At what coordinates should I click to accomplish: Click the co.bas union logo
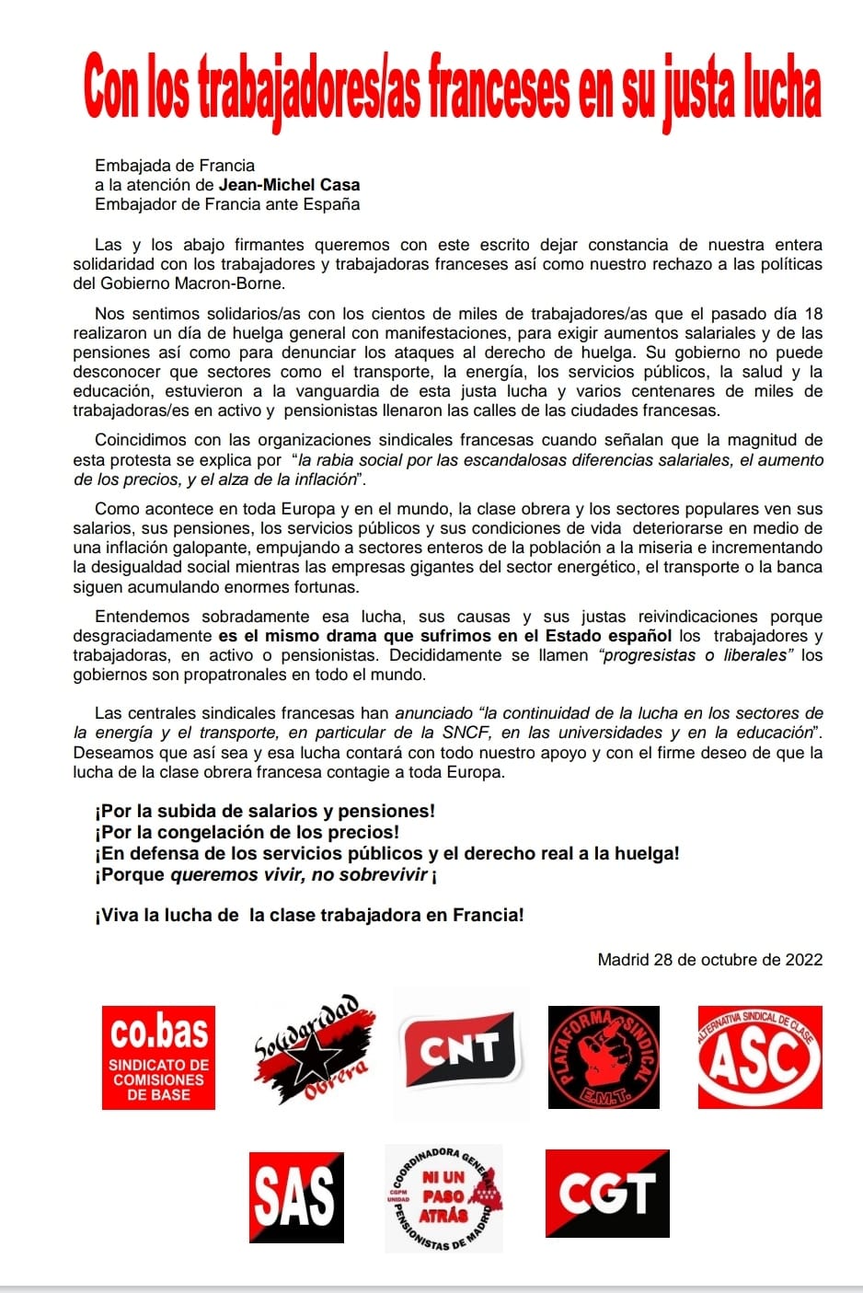(158, 1056)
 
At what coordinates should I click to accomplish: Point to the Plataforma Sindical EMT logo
(604, 1056)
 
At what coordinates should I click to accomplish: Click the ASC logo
(759, 1056)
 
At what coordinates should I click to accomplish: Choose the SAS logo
(296, 1197)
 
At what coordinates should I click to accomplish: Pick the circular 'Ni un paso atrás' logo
(444, 1197)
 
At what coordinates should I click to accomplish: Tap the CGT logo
(607, 1193)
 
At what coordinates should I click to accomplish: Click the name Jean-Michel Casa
(289, 185)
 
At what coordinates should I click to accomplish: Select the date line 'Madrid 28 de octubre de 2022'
(709, 959)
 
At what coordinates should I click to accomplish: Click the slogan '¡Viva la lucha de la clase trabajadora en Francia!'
(309, 915)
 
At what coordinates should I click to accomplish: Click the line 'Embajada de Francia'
(175, 166)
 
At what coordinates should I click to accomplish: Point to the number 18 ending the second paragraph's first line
(812, 314)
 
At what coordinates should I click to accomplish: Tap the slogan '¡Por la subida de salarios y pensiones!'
(265, 811)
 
